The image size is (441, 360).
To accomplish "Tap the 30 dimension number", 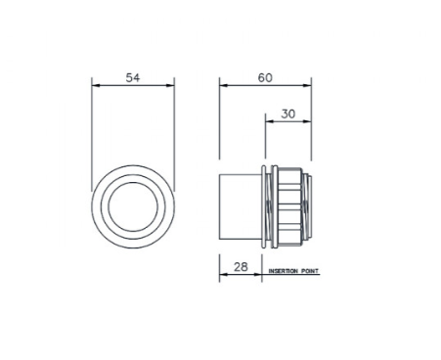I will (x=288, y=112).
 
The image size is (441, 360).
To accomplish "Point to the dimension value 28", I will (x=240, y=266).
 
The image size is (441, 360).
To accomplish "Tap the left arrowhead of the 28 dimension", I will (x=222, y=275).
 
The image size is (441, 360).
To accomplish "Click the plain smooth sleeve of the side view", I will (x=240, y=205).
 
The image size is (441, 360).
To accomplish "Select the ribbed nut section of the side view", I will (x=289, y=205).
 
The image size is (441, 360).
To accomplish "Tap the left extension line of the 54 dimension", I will (x=92, y=127).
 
